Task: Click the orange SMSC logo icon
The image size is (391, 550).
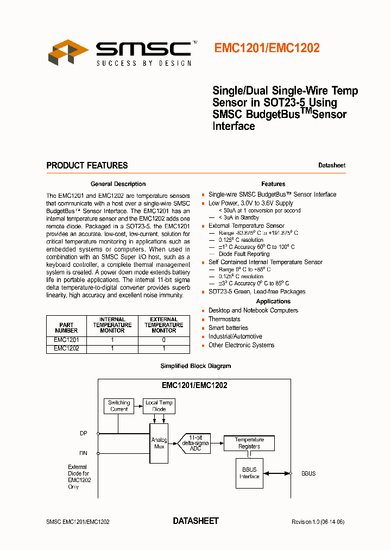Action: (68, 53)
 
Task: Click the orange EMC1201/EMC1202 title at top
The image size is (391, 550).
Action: (267, 48)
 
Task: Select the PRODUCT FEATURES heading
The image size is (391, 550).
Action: (87, 165)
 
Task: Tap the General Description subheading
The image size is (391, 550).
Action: (118, 184)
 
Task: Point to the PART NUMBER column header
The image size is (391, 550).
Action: (66, 327)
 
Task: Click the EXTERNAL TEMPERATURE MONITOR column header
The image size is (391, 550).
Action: (163, 325)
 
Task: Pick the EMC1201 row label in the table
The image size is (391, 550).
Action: (66, 340)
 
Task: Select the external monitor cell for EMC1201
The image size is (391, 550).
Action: (163, 340)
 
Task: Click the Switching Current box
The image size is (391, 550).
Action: (119, 406)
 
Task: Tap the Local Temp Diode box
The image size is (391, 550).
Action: (159, 406)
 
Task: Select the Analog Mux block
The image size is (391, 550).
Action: (159, 443)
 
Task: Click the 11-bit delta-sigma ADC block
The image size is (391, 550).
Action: (195, 443)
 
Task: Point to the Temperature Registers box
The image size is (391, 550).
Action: (249, 443)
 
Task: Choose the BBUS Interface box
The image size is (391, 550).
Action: (249, 473)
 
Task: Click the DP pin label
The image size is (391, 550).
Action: (83, 433)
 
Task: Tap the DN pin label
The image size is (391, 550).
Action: (83, 453)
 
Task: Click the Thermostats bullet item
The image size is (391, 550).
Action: (224, 319)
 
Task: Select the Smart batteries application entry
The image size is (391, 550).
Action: (228, 328)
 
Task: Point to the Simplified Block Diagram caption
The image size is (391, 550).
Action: (195, 366)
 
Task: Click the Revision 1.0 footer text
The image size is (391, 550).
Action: (318, 522)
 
